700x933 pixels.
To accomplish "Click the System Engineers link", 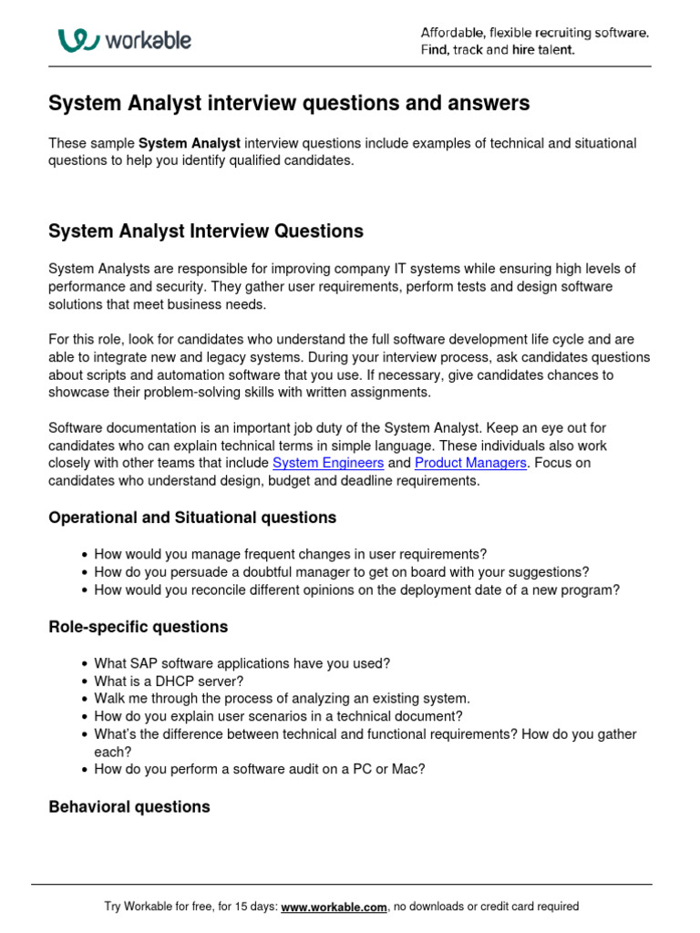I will click(x=327, y=463).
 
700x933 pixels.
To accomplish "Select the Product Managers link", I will click(x=470, y=463).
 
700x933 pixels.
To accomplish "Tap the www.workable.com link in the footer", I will click(x=335, y=907).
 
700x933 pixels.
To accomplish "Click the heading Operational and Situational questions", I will click(x=192, y=518).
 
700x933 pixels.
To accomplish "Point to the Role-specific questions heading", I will click(x=138, y=627).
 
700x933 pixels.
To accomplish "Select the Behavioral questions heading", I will click(x=129, y=806).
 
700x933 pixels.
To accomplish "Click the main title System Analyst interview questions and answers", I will click(x=288, y=104).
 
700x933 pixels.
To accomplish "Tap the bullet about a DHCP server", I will click(x=169, y=681).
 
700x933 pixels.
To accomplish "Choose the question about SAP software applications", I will click(x=242, y=663).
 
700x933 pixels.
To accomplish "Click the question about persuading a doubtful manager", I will click(x=341, y=572).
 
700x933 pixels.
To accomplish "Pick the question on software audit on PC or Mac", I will click(x=259, y=769).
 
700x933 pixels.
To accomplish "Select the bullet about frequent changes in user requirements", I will click(x=290, y=554).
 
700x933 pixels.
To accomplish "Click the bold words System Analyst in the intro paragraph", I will click(x=190, y=143).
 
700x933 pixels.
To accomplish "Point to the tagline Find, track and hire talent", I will click(x=498, y=50).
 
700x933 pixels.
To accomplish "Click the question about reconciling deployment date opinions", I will click(x=356, y=590).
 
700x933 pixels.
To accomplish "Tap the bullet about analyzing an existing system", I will click(x=282, y=699).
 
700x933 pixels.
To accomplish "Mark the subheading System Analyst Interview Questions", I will click(x=205, y=231).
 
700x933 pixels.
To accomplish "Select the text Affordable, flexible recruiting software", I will click(x=534, y=33).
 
